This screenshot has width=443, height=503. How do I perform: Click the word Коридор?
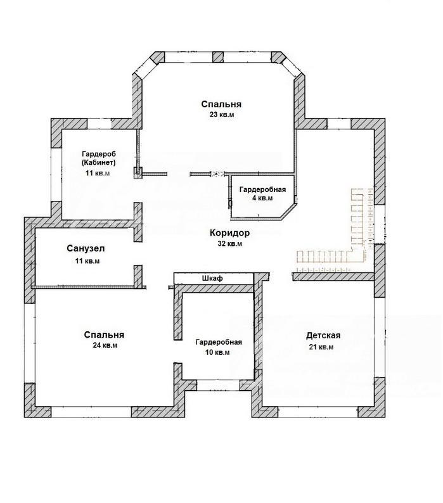[x=229, y=232]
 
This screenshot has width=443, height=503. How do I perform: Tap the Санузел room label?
[x=86, y=248]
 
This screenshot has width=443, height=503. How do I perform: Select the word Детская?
[x=323, y=336]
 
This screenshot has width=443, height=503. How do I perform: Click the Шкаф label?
[x=212, y=278]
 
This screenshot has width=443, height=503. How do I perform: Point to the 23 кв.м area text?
[x=222, y=115]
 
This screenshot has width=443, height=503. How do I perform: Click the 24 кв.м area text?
[x=105, y=345]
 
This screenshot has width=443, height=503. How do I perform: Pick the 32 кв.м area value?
[x=230, y=243]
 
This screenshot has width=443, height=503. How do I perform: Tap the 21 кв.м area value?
[x=321, y=347]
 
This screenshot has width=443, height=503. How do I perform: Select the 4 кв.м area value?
[x=262, y=198]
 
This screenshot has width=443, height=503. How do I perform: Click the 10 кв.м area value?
[x=217, y=352]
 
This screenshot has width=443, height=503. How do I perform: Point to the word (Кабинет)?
[x=99, y=162]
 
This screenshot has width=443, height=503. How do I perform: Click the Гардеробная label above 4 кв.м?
[x=262, y=189]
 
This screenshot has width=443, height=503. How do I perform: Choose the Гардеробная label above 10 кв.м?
[x=219, y=342]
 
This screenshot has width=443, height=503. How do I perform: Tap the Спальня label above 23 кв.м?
[x=222, y=104]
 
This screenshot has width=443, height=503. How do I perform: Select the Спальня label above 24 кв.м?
[x=104, y=334]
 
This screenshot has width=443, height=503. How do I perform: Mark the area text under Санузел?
[x=87, y=261]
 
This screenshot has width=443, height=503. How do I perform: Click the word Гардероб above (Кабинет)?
[x=99, y=153]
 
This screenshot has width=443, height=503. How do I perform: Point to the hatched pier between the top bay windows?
[x=217, y=57]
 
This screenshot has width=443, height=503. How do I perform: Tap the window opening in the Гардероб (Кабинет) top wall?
[x=100, y=124]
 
